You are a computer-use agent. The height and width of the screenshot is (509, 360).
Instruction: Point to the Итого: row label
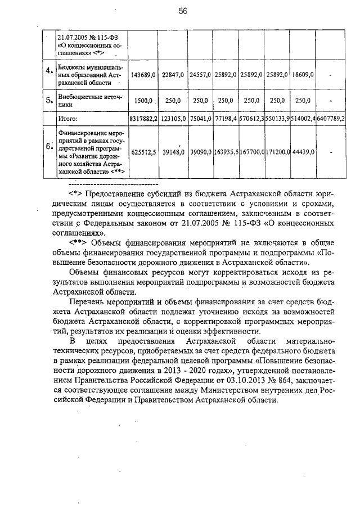pos(69,119)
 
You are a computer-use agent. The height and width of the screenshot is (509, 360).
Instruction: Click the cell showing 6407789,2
pos(331,119)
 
